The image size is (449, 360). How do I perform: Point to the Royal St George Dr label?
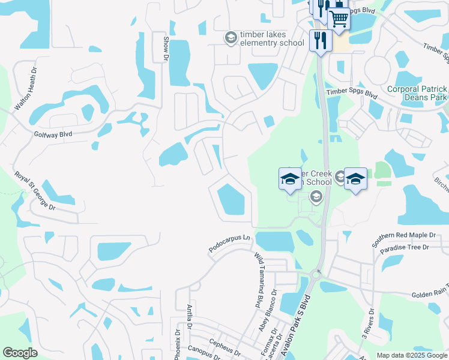coord(35,190)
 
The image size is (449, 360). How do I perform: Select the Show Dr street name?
coord(166,48)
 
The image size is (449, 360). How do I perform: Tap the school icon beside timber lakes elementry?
coord(230,38)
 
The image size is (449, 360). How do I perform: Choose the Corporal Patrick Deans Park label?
coord(417,93)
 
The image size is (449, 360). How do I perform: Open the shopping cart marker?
coord(339,20)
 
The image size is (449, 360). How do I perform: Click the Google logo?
coord(20,353)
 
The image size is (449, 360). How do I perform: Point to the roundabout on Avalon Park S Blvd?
coord(316,275)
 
